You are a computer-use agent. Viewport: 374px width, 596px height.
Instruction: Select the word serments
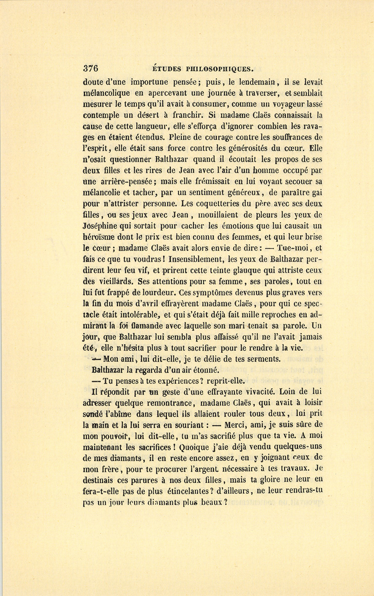click(262, 359)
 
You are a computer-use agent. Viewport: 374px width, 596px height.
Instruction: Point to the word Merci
click(239, 425)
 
